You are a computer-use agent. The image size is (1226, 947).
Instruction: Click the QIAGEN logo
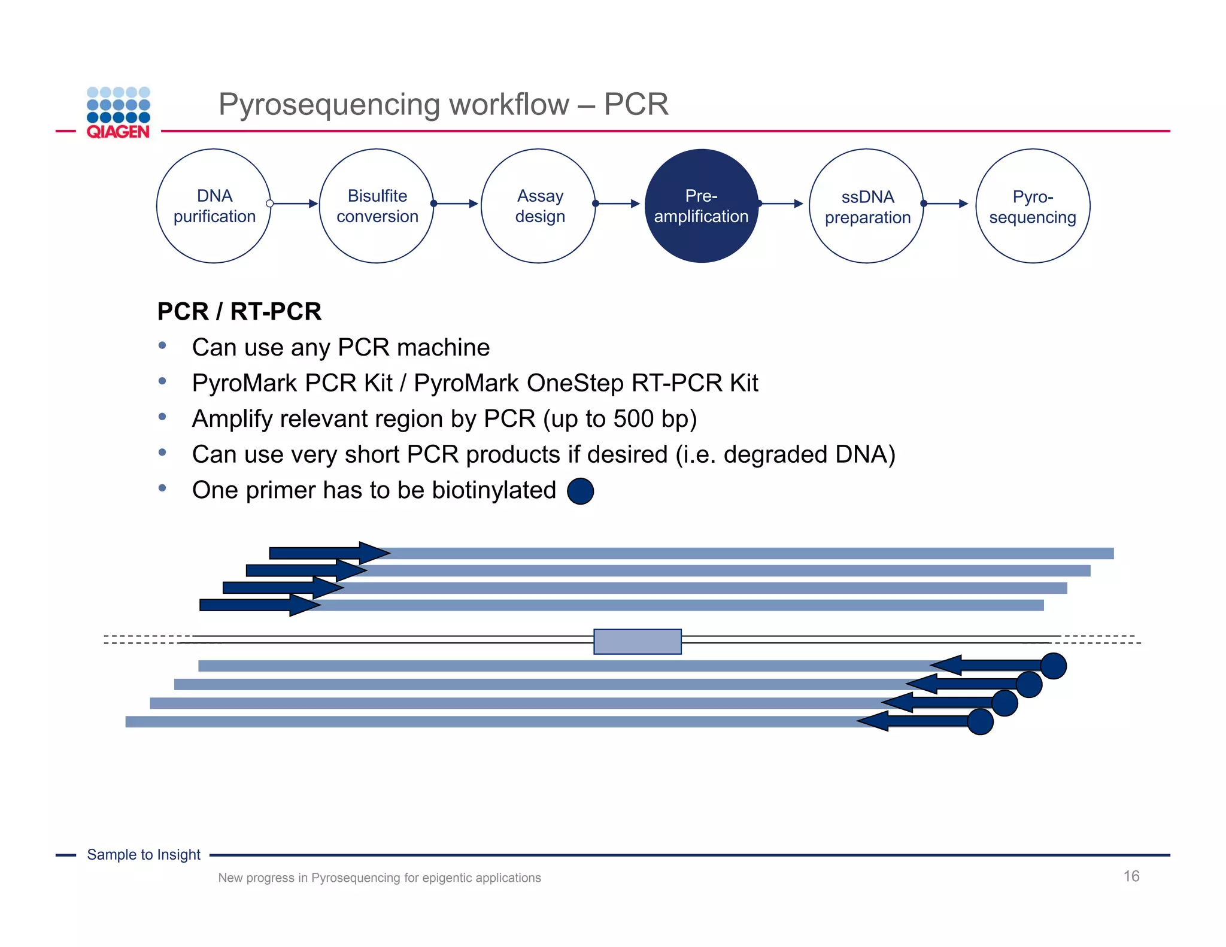[x=118, y=113]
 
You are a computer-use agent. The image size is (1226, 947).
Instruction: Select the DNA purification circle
[x=214, y=206]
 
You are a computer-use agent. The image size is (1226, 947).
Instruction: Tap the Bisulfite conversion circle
[x=377, y=206]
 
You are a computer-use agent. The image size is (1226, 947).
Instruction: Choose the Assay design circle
[x=539, y=206]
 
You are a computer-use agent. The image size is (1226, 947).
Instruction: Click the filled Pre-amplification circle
[x=701, y=206]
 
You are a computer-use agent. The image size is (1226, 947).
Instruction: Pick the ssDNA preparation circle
[x=867, y=206]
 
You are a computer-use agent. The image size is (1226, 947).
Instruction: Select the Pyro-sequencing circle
[x=1033, y=206]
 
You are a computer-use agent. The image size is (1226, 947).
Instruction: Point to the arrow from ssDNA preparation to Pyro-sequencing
[x=946, y=204]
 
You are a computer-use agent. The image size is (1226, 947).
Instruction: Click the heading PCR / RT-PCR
[x=239, y=312]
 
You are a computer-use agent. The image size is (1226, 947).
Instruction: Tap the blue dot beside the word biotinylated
[x=580, y=491]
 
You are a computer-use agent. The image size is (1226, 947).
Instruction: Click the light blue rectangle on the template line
[x=638, y=641]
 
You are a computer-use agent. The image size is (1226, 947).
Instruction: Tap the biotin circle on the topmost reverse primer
[x=1054, y=666]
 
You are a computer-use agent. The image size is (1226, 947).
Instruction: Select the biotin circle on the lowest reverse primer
[x=980, y=721]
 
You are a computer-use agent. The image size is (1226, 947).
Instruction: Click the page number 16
[x=1131, y=876]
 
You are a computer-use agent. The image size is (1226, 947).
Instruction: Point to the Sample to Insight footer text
[x=144, y=855]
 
